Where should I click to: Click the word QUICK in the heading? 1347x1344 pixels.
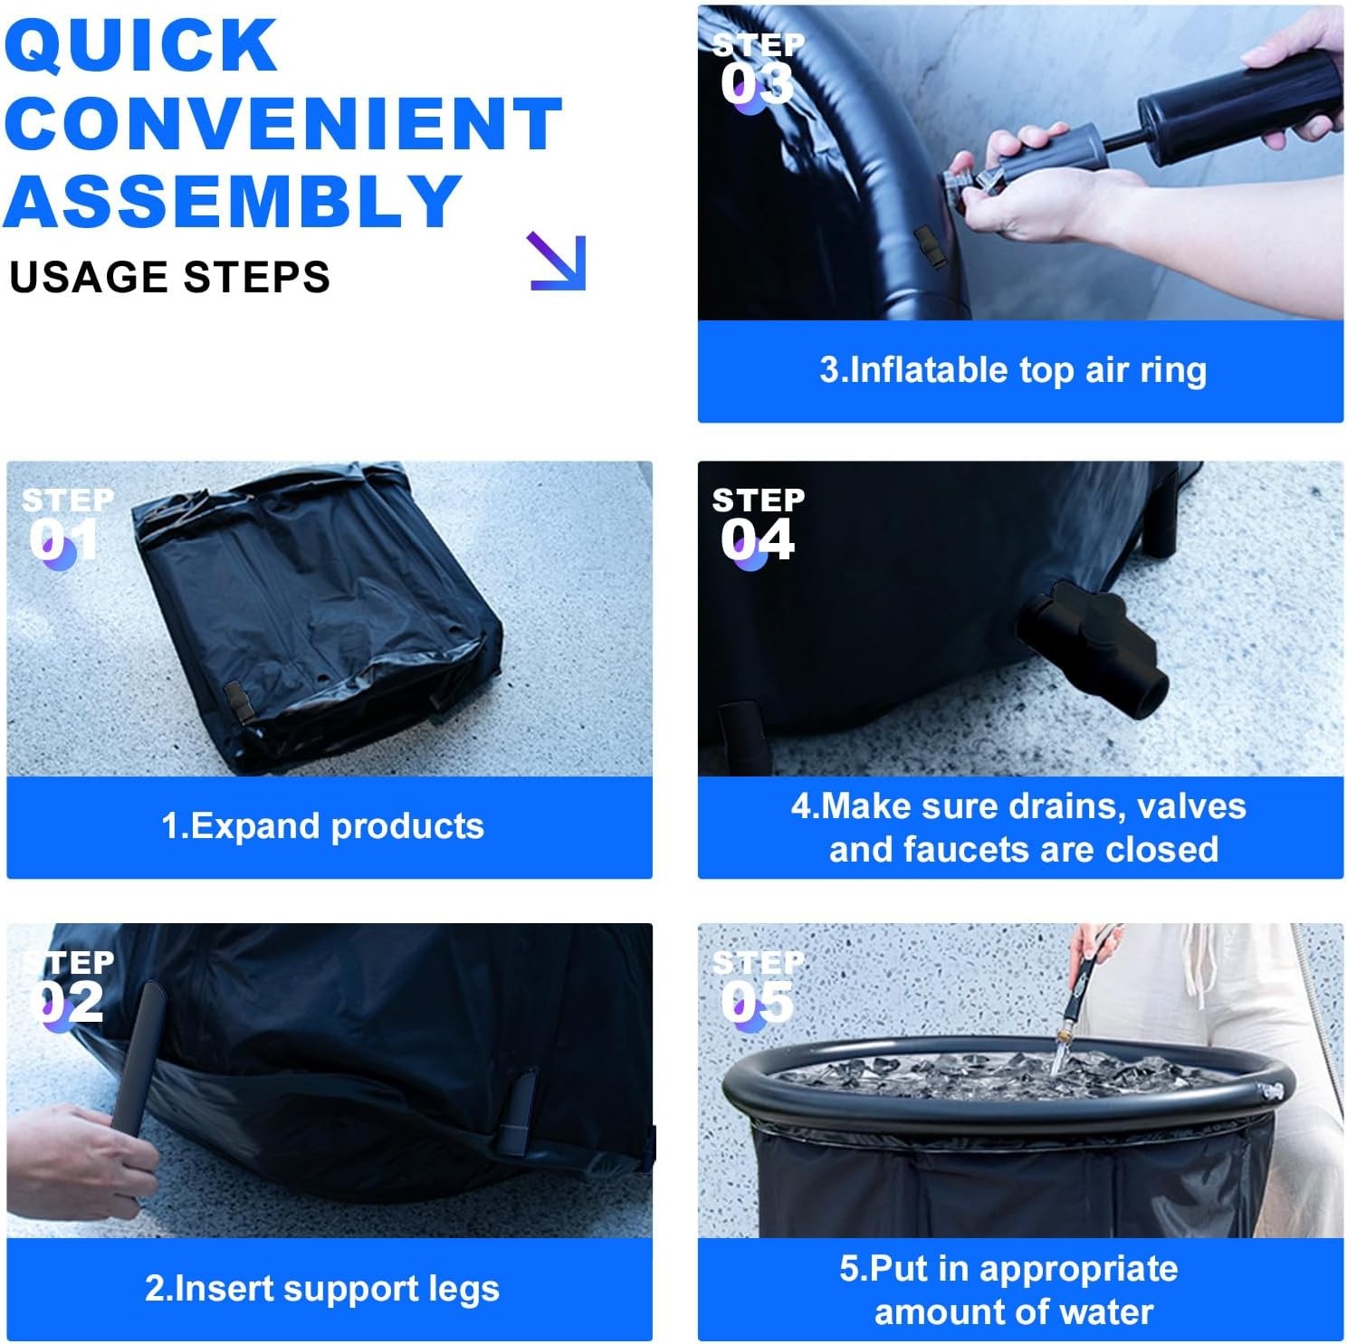141,44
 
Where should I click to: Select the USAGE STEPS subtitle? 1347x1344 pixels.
169,277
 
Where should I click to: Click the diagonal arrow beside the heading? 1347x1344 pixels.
558,262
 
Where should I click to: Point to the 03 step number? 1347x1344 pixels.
757,84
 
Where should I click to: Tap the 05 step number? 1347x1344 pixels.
757,1002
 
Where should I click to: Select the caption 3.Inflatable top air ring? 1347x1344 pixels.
1013,370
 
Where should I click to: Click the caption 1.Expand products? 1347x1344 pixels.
322,826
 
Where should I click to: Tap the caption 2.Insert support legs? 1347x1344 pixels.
322,1288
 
